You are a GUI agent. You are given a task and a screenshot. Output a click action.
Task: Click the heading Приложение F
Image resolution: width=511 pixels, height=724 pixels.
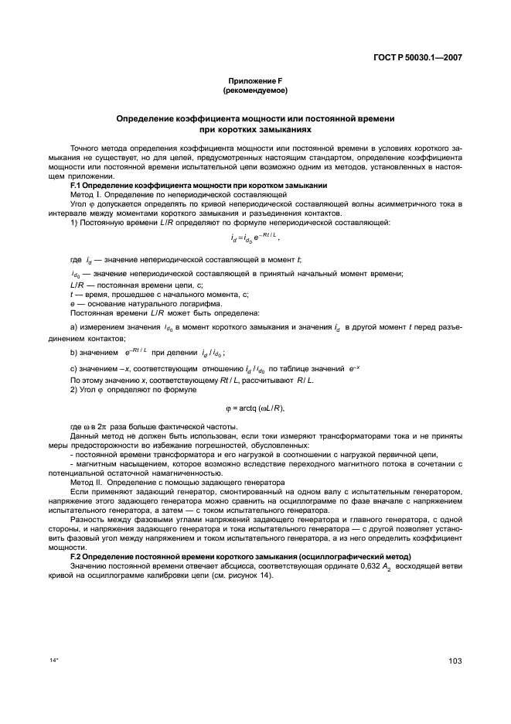click(x=255, y=81)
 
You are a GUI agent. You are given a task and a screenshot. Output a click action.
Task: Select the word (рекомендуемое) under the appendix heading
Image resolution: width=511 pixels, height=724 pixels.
click(x=255, y=90)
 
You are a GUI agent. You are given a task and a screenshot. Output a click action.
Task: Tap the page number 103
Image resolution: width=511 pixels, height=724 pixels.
click(x=455, y=661)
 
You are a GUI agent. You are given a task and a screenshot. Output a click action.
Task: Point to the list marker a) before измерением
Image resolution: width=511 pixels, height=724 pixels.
click(x=73, y=328)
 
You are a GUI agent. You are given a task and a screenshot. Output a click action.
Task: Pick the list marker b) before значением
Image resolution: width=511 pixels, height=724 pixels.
click(x=73, y=352)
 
